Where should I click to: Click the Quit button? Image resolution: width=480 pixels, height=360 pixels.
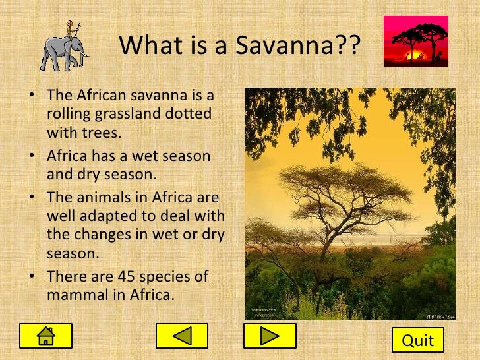pyautogui.click(x=418, y=340)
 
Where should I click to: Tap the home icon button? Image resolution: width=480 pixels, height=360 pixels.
pyautogui.click(x=45, y=336)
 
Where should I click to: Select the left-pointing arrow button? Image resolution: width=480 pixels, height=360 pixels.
pyautogui.click(x=181, y=336)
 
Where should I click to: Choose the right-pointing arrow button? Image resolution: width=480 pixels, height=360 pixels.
pyautogui.click(x=270, y=336)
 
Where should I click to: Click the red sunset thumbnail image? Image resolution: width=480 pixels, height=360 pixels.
pyautogui.click(x=415, y=41)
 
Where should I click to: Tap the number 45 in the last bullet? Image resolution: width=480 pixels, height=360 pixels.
pyautogui.click(x=125, y=277)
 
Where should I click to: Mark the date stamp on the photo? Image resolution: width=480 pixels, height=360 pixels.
pyautogui.click(x=440, y=316)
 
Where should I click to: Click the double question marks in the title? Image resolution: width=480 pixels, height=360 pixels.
pyautogui.click(x=350, y=46)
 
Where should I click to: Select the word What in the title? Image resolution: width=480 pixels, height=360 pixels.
pyautogui.click(x=148, y=46)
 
